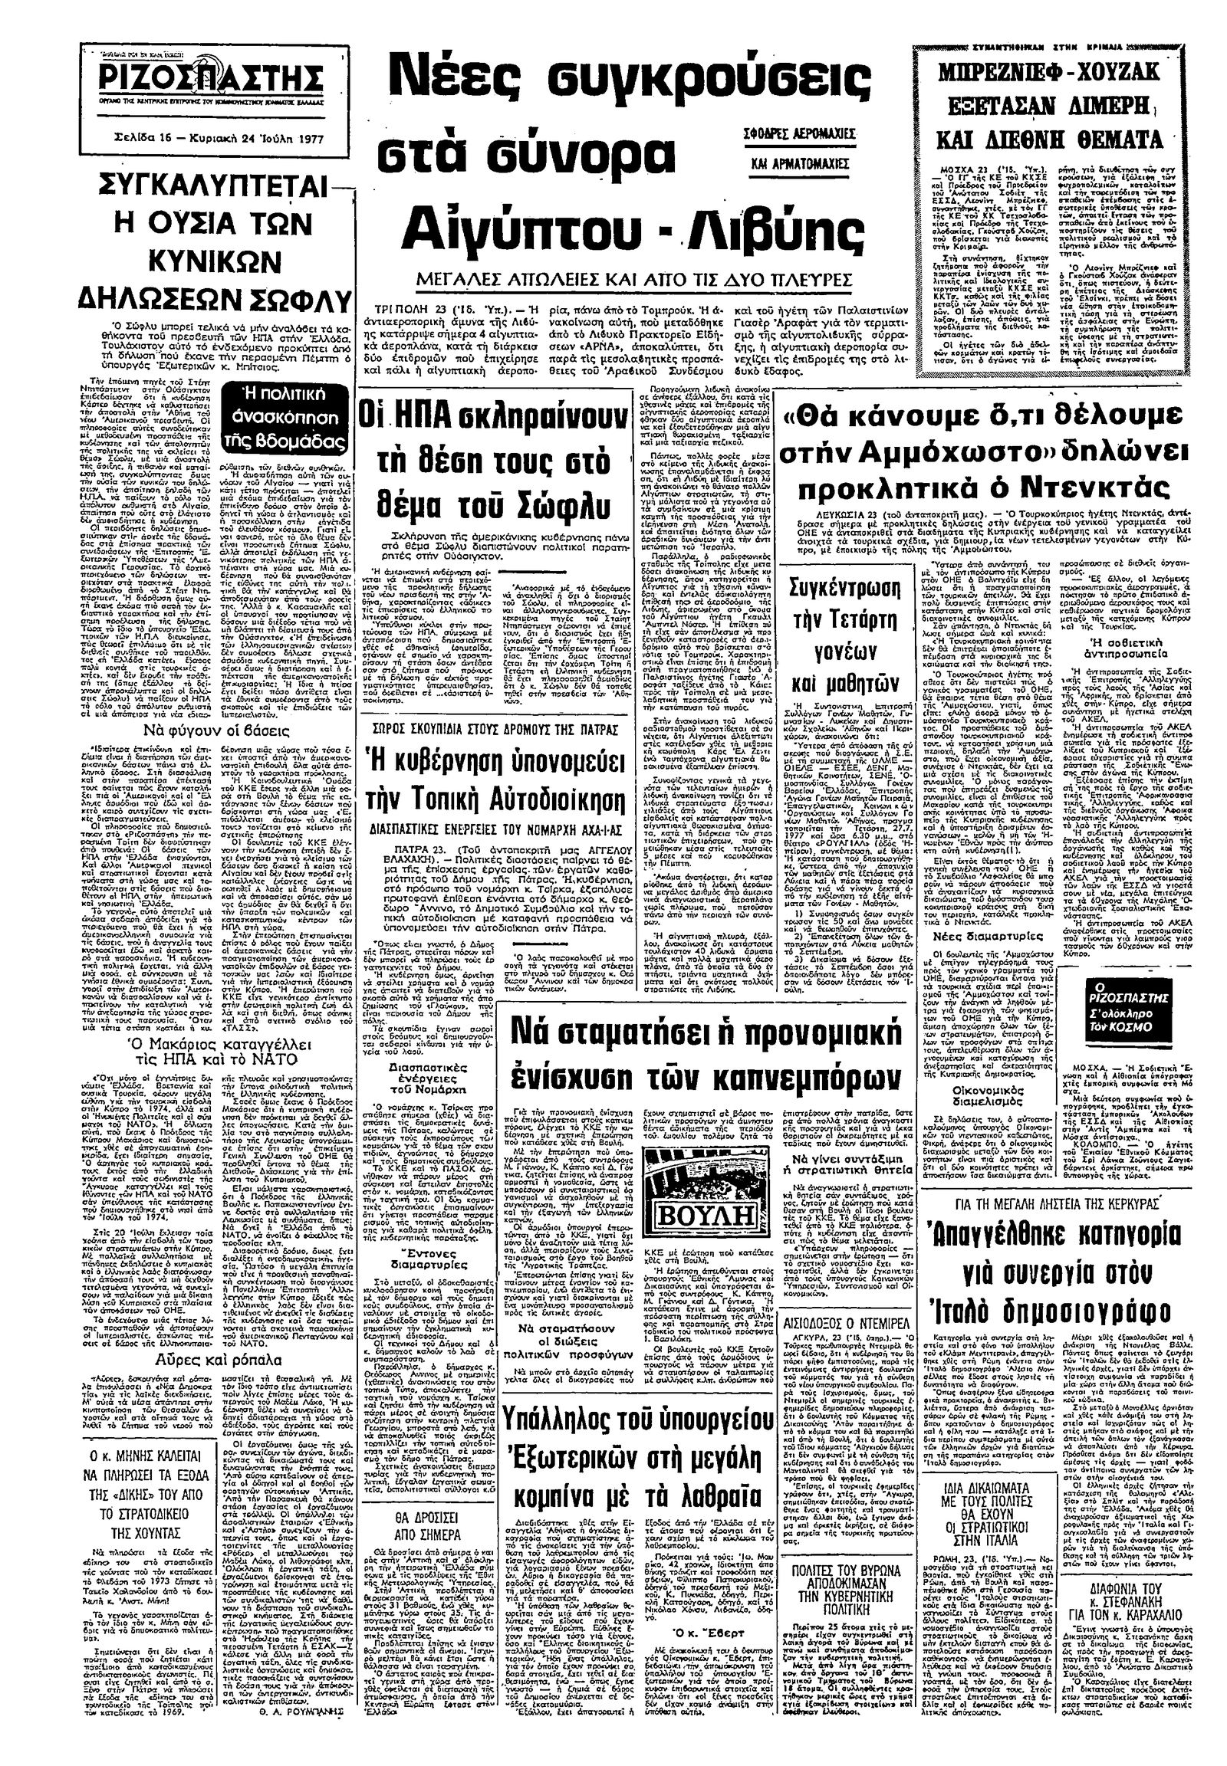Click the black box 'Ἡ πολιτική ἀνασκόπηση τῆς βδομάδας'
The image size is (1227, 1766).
coord(291,418)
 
